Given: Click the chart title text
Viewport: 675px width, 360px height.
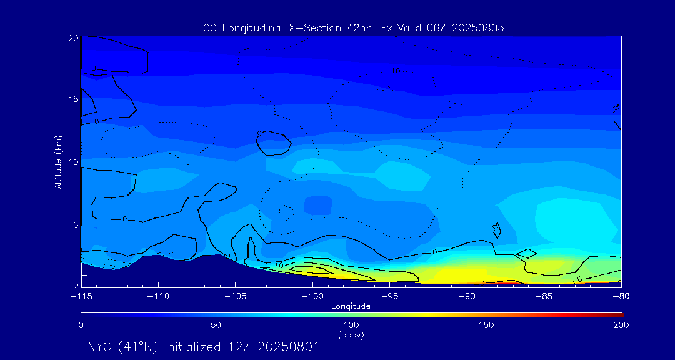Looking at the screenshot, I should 353,28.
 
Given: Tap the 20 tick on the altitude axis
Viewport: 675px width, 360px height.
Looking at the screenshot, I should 72,38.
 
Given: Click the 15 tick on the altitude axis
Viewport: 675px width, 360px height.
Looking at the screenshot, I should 72,99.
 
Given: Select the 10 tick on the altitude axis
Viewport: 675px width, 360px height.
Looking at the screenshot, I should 72,162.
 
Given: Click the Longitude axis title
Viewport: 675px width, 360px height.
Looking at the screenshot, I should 351,306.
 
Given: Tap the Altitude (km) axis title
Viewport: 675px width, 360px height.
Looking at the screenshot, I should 58,162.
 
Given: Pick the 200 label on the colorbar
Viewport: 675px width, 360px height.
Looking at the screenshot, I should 621,326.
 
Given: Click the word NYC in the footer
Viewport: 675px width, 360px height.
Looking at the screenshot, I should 101,347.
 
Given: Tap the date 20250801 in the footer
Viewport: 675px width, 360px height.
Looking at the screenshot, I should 288,347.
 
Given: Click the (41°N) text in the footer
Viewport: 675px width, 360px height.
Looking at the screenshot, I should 139,347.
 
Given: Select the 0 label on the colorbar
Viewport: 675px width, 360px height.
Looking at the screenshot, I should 81,326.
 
